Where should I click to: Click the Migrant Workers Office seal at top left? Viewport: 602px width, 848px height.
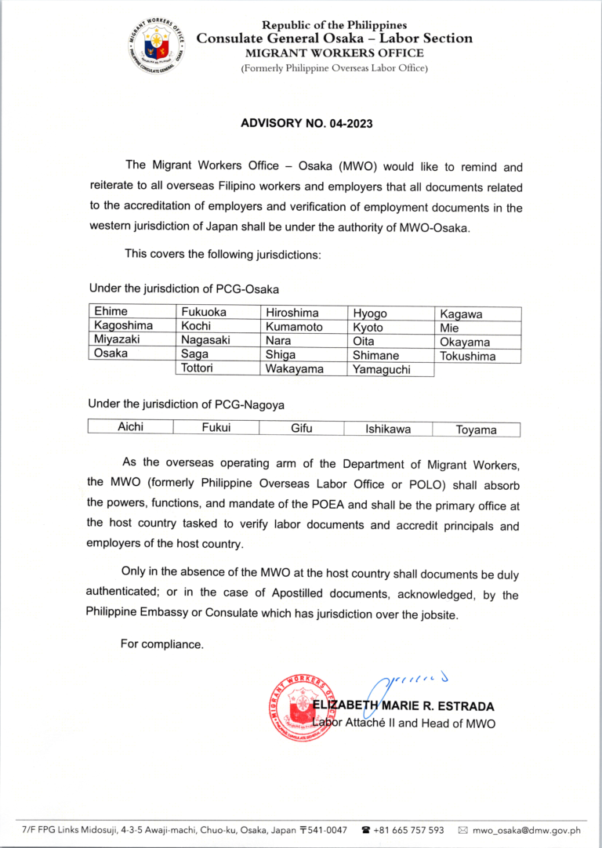click(x=156, y=44)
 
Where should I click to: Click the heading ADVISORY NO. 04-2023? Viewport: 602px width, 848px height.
click(x=306, y=123)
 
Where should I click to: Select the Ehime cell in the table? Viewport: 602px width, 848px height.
click(x=111, y=312)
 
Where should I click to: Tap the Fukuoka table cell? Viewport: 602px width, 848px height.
click(x=204, y=312)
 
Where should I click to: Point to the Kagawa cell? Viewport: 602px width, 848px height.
click(x=461, y=314)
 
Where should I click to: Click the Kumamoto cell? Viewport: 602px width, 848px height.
click(x=294, y=327)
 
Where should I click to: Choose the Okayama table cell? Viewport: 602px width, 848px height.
click(x=465, y=342)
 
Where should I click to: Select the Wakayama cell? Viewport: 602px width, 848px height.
click(x=294, y=369)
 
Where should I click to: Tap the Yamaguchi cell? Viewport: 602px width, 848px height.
click(x=382, y=370)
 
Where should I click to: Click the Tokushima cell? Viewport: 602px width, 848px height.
click(x=468, y=357)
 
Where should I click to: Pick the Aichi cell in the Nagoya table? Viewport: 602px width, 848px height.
click(x=130, y=427)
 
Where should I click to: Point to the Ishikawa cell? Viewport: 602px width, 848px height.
click(x=388, y=429)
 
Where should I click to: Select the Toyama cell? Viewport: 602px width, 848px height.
click(x=476, y=429)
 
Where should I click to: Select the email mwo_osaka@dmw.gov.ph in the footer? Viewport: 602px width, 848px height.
click(x=524, y=830)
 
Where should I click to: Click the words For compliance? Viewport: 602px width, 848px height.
click(x=161, y=644)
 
